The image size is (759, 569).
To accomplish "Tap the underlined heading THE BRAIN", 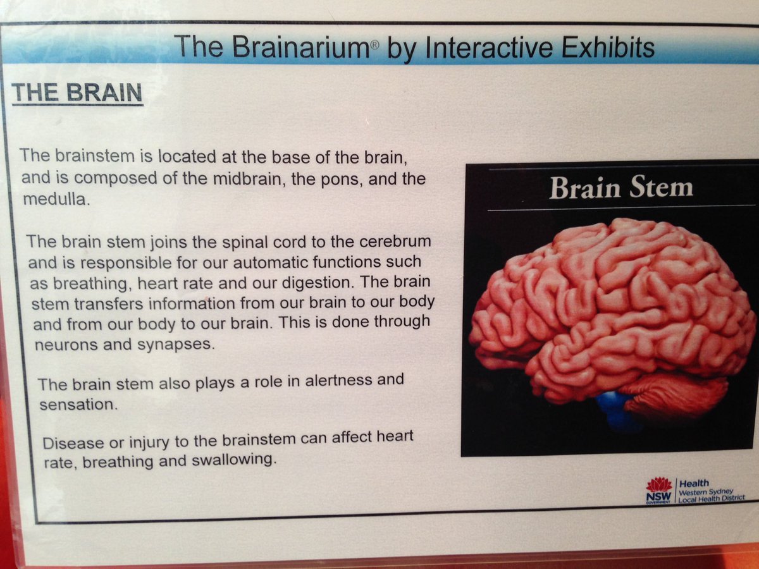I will tap(78, 94).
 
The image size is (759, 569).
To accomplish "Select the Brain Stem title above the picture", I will tap(620, 188).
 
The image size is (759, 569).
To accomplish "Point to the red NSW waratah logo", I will tap(659, 486).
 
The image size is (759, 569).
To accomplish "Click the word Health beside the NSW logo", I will tap(694, 482).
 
